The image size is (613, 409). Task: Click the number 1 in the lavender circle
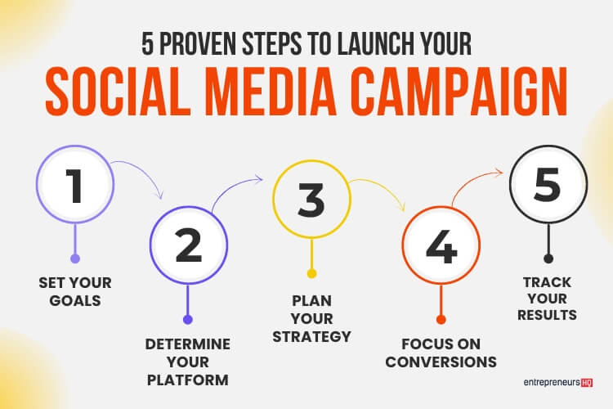click(x=75, y=186)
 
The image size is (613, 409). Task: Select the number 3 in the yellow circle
click(x=311, y=200)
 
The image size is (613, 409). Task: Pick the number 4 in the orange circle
click(x=441, y=246)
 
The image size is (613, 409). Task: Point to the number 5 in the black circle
click(x=548, y=186)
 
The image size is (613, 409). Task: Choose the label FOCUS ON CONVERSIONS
click(x=442, y=352)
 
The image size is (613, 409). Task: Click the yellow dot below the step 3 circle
click(x=311, y=273)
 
